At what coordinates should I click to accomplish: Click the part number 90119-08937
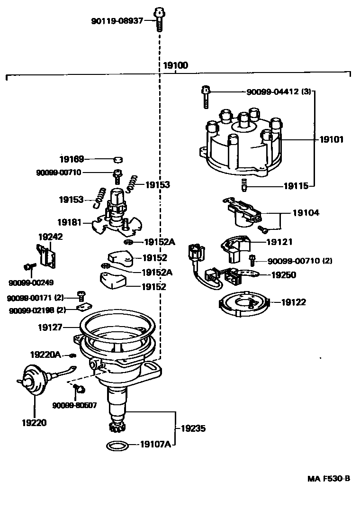117,21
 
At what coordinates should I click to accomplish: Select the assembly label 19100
175,65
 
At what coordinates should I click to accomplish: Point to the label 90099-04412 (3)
279,91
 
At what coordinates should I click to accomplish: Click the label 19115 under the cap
296,186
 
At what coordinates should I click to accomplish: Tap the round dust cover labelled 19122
243,304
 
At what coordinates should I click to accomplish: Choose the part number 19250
284,275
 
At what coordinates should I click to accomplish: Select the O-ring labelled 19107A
117,446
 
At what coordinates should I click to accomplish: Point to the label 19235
193,428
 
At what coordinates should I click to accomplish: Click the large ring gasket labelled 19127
117,323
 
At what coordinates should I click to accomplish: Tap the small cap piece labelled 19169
118,159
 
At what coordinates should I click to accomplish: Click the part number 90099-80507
74,405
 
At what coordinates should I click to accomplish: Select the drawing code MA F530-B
329,479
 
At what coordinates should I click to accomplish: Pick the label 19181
69,222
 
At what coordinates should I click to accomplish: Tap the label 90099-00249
31,283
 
